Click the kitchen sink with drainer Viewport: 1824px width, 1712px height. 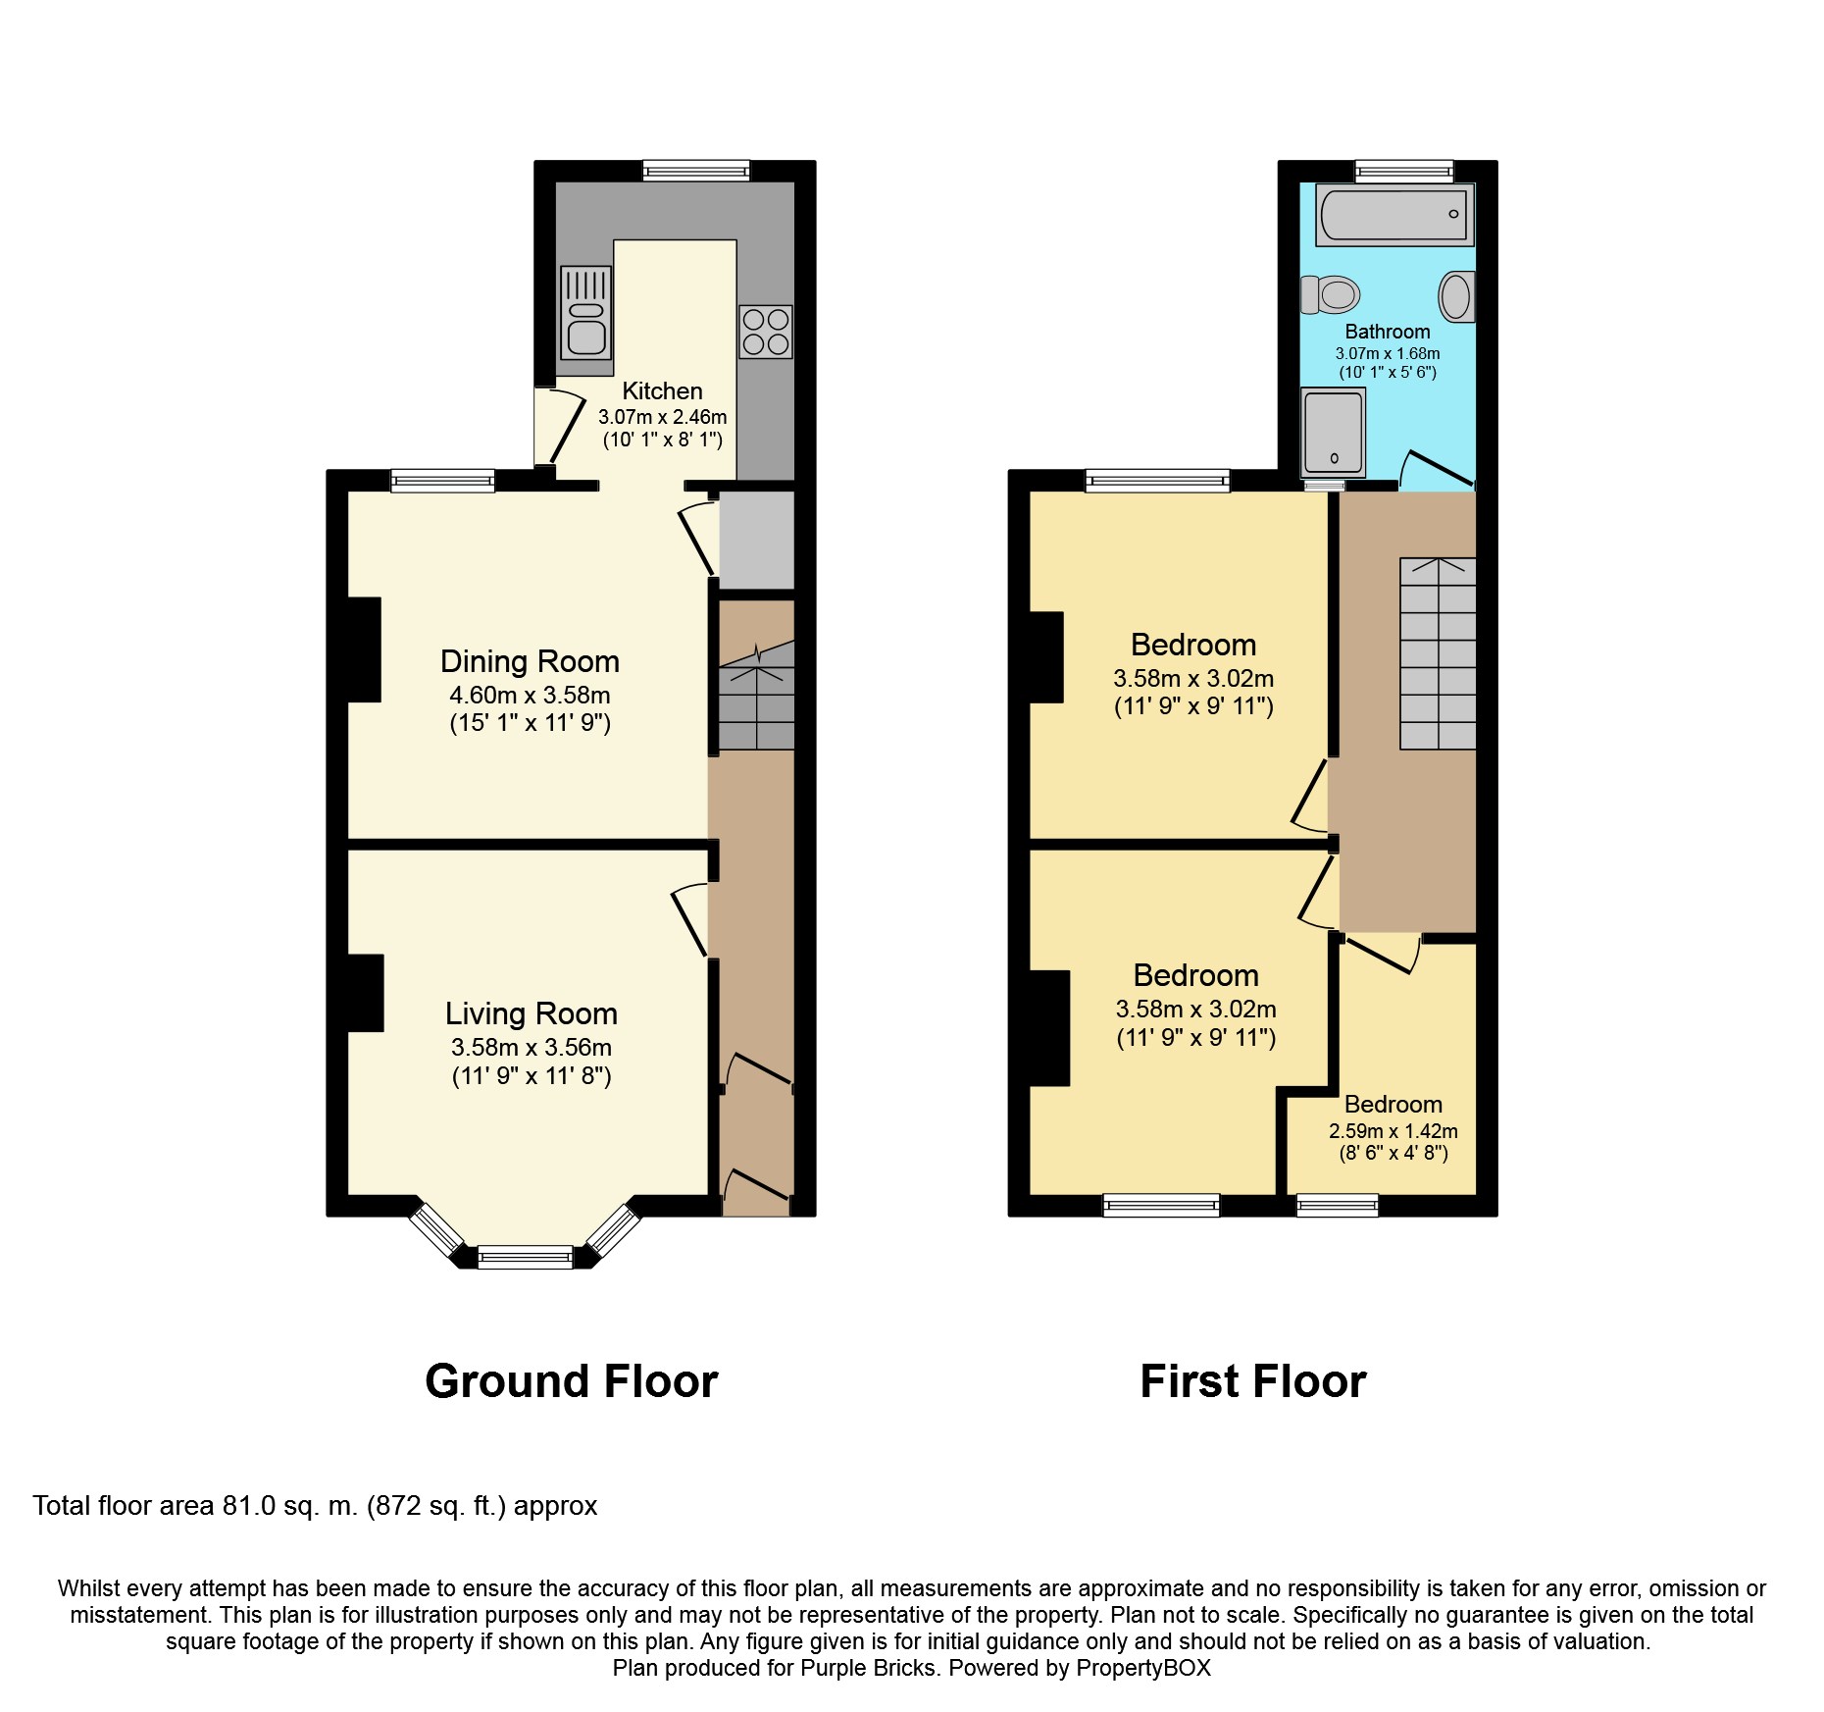click(x=586, y=313)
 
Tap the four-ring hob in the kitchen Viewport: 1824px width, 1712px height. click(x=766, y=332)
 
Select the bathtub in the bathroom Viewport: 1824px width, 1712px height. click(x=1394, y=214)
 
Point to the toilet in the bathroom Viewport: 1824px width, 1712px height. click(x=1330, y=293)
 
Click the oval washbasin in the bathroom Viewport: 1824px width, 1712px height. click(x=1456, y=295)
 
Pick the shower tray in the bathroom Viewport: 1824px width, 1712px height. click(x=1334, y=432)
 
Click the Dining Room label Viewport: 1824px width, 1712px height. click(x=530, y=661)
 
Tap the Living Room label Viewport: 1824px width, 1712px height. click(x=532, y=1013)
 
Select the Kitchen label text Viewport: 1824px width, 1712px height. click(x=663, y=390)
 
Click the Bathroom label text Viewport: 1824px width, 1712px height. click(x=1388, y=332)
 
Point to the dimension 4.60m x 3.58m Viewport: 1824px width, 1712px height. click(x=530, y=696)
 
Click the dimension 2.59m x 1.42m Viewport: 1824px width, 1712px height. click(x=1393, y=1131)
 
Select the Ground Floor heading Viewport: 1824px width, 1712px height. click(x=572, y=1381)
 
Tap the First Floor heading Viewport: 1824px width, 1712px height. click(x=1253, y=1381)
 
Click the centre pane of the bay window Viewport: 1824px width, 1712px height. click(x=525, y=1257)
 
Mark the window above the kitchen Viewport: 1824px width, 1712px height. click(x=696, y=171)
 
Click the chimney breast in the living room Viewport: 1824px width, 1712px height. click(x=366, y=993)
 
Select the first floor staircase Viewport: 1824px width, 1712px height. click(x=1438, y=653)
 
